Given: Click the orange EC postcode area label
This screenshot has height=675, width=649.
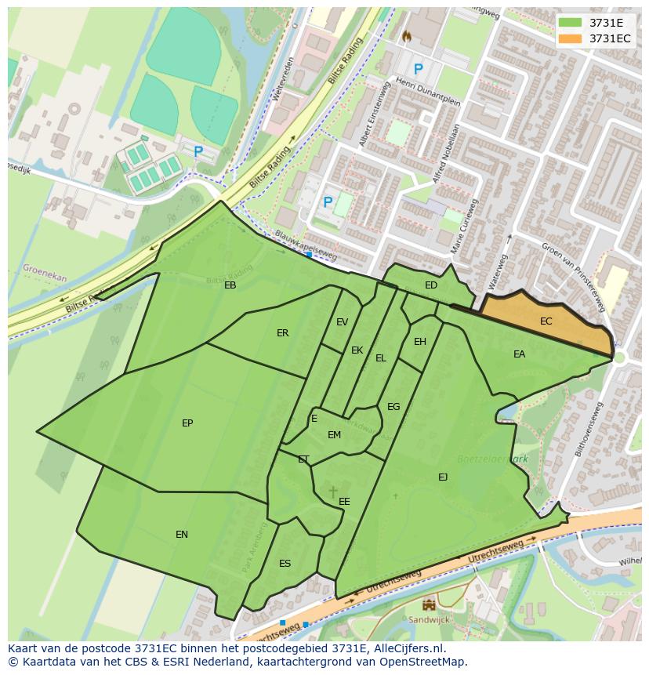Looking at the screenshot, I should [x=546, y=321].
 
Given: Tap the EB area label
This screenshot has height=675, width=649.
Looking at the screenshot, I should [x=230, y=285].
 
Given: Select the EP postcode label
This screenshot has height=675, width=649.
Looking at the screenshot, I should [x=187, y=423].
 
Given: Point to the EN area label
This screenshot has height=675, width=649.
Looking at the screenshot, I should [x=182, y=535].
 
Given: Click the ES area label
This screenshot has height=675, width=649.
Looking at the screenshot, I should [x=285, y=564].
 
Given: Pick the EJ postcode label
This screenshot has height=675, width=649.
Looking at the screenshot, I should [x=443, y=477].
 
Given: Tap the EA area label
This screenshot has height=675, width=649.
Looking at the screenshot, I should [x=519, y=354].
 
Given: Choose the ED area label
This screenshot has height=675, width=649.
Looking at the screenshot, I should [x=431, y=285].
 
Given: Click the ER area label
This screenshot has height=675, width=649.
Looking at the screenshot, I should [x=282, y=333].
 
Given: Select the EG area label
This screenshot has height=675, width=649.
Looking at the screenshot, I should [x=393, y=407].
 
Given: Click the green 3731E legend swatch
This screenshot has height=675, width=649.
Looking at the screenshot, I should [x=570, y=23].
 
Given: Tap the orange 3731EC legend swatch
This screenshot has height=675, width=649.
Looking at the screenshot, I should [x=570, y=38].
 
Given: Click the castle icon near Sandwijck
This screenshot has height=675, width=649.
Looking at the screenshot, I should [x=429, y=604].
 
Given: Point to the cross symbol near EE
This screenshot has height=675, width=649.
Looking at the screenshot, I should [x=333, y=492].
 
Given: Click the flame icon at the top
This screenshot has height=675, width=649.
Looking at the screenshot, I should [x=406, y=36].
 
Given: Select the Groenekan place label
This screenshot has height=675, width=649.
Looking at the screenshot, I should [x=45, y=274].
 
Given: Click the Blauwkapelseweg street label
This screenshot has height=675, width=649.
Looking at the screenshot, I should [x=306, y=245].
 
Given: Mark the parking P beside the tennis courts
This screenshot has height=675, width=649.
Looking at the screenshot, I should [x=198, y=151].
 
